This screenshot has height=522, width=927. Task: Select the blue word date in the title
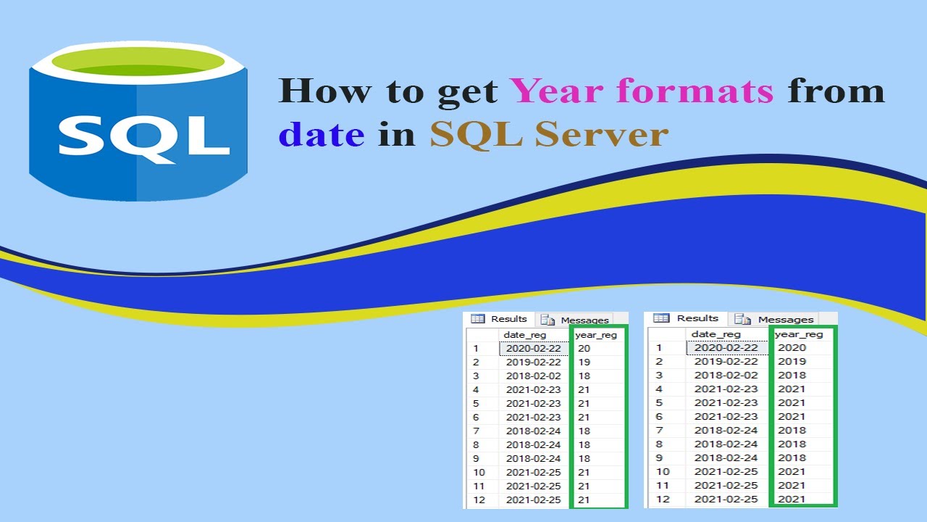[322, 135]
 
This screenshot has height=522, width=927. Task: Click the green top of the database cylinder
[138, 61]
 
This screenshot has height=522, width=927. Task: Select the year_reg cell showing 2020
[792, 348]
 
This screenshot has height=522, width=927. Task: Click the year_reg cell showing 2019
[792, 362]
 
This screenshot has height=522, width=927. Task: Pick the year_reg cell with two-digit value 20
[584, 349]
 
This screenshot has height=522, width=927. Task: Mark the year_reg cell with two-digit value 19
[584, 362]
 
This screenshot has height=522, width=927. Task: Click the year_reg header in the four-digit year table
[799, 334]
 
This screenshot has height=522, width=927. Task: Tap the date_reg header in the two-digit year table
[525, 335]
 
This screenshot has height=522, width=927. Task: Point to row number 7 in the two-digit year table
[476, 431]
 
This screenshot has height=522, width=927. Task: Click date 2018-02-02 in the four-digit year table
[726, 376]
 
